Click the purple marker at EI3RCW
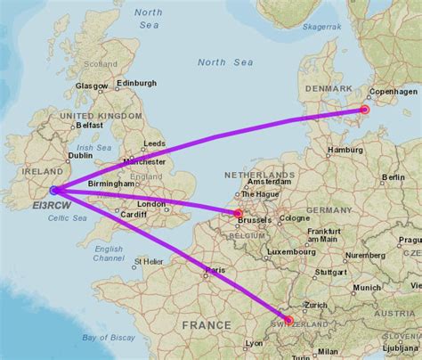coord(54,190)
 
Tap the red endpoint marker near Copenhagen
coord(364,110)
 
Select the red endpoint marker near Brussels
coord(238,213)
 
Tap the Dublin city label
coord(80,155)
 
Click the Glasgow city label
coord(91,86)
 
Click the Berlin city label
coord(393,177)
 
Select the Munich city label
coord(366,288)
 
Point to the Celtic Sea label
coord(69,218)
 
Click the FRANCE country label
coord(207,326)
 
